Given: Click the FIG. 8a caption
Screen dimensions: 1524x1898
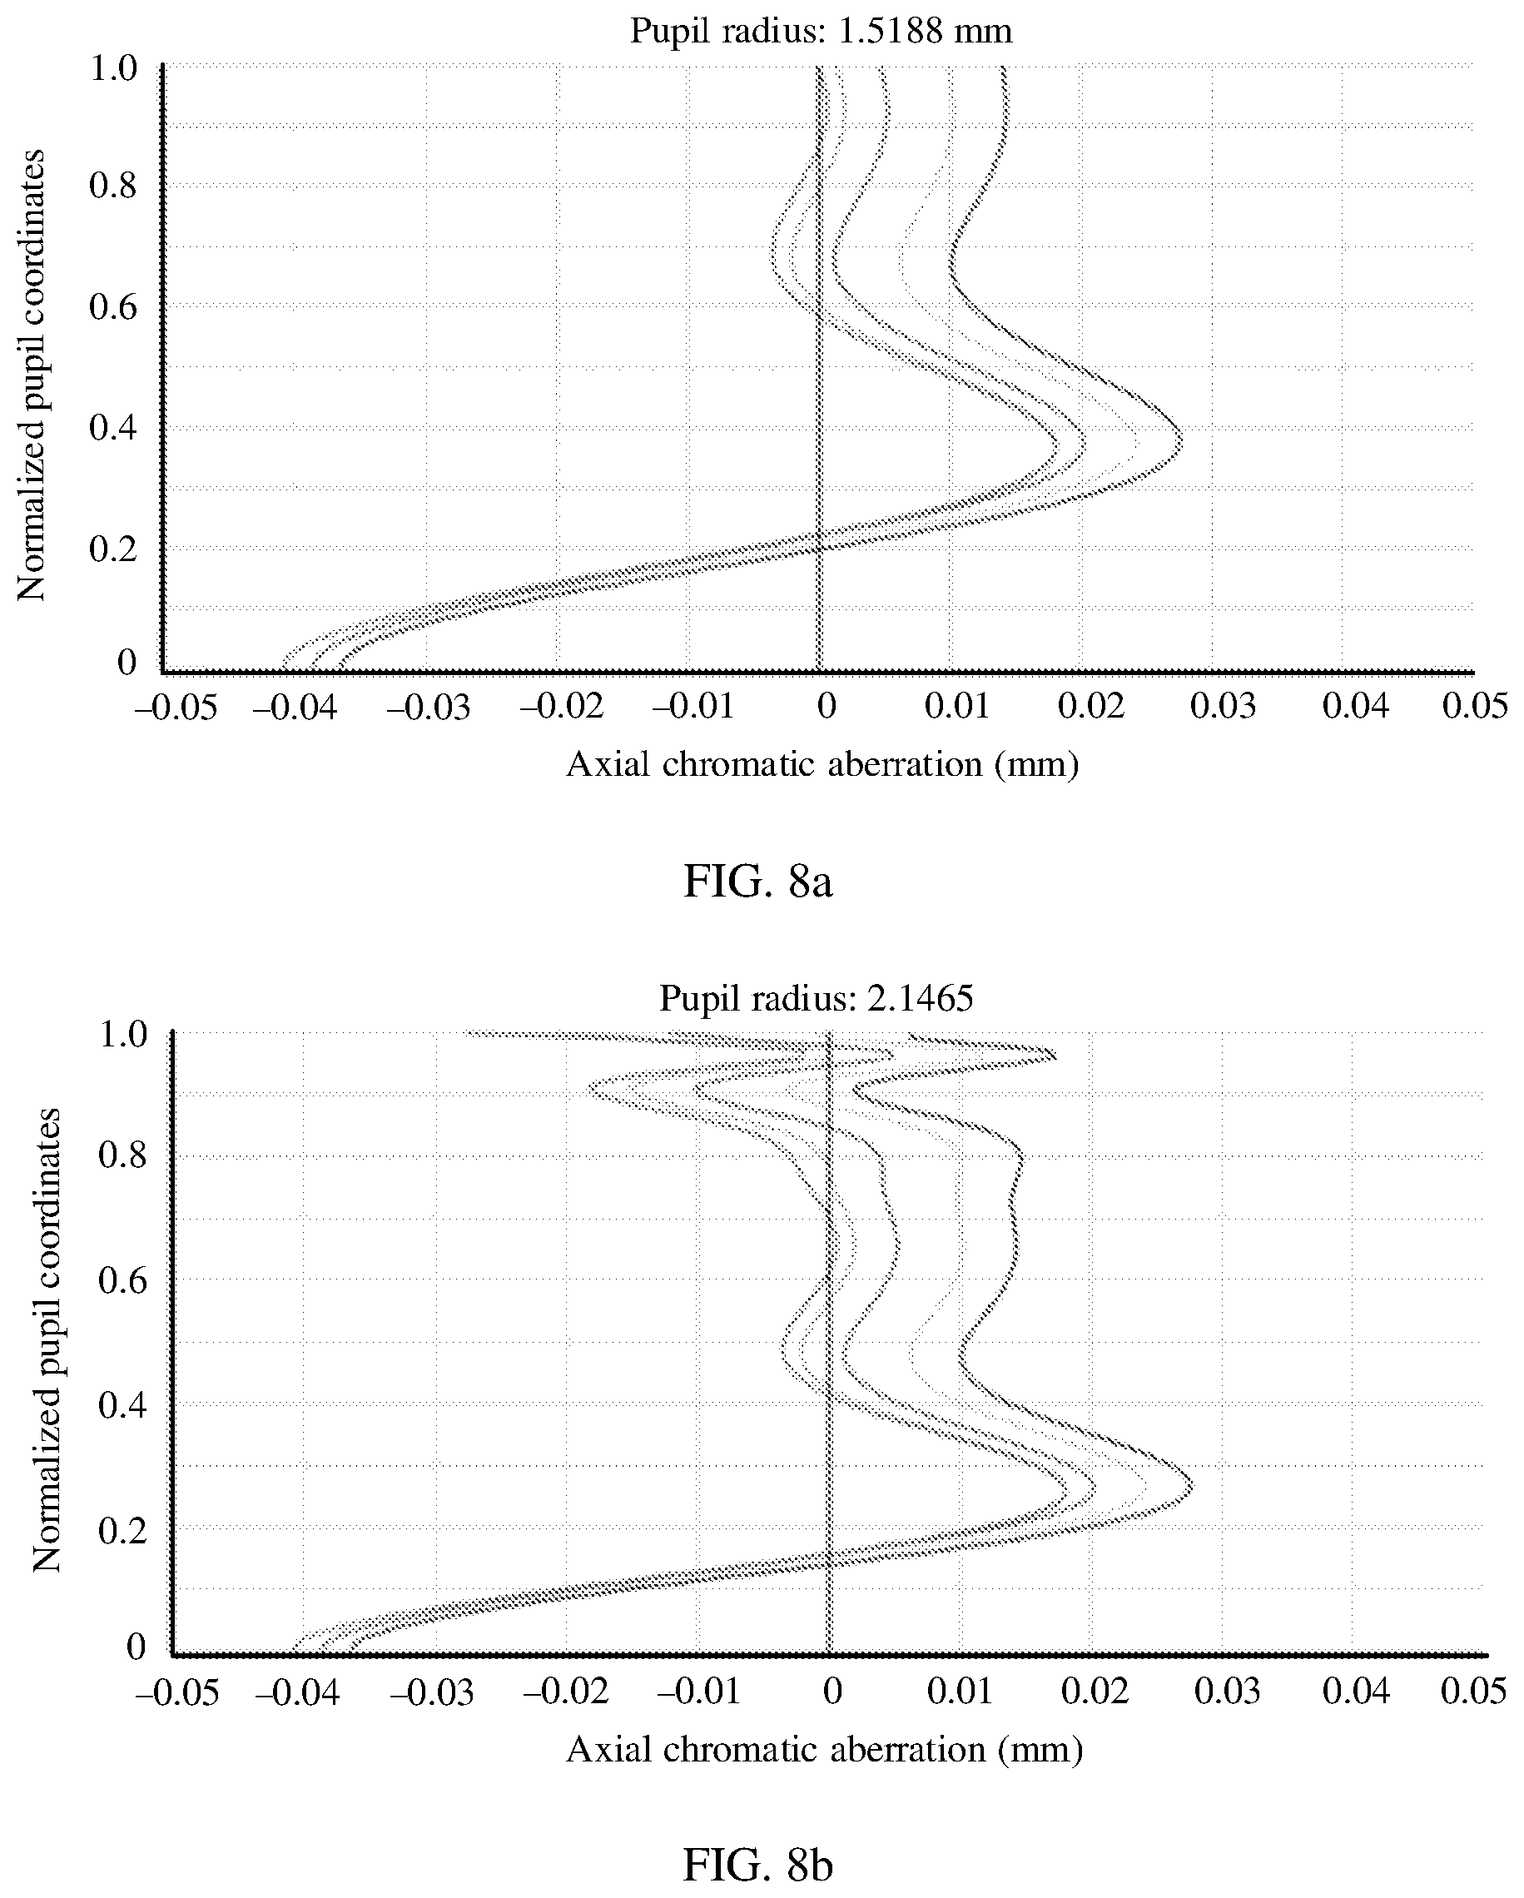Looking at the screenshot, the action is coord(757,882).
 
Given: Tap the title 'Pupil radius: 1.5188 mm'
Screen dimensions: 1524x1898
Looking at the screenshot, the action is coord(821,32).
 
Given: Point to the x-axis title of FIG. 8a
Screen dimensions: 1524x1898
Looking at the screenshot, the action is coord(822,764).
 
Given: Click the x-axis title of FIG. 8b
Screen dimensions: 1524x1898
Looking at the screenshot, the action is coord(824,1749).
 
